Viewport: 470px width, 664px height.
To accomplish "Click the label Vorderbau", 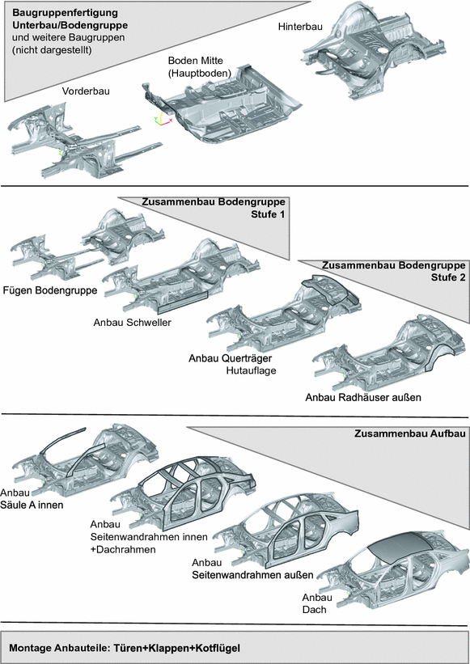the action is [x=86, y=91].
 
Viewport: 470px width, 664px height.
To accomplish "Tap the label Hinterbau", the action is [x=300, y=26].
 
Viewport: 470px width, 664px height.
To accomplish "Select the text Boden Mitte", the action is [x=195, y=61].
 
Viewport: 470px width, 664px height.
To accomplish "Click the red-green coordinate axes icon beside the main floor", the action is [x=162, y=121].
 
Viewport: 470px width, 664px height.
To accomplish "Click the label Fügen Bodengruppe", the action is [x=50, y=290].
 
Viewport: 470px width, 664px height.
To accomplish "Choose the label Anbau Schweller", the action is [x=133, y=322].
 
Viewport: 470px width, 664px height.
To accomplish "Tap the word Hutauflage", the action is [x=251, y=371].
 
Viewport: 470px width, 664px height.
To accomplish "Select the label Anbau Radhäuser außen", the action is [x=363, y=397].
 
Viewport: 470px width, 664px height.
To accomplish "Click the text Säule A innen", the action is [x=32, y=505].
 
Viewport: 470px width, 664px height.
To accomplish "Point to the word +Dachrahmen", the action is [x=123, y=549].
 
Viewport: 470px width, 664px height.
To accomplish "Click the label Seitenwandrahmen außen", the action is [x=252, y=575].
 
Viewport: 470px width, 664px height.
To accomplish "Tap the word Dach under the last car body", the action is [x=314, y=609].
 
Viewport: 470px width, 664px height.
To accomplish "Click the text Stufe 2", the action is [x=448, y=277].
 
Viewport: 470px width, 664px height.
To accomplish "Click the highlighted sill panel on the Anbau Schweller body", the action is [x=183, y=298].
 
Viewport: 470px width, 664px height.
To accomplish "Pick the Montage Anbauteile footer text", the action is [x=125, y=648].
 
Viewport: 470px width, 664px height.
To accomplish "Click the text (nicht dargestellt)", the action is [x=52, y=49].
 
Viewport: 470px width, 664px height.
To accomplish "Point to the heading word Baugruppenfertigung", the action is [x=65, y=13].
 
